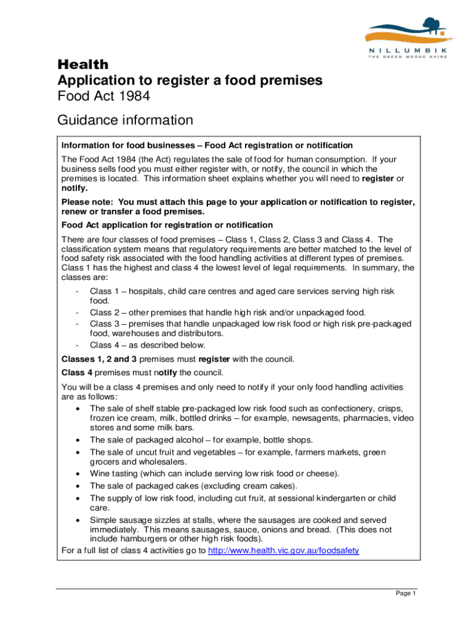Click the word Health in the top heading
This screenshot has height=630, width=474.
click(82, 65)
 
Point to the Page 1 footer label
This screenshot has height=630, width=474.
click(406, 593)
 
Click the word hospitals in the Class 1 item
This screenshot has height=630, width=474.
click(147, 291)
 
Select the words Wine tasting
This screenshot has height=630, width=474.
click(115, 473)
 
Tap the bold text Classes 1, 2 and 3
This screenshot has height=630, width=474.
click(102, 359)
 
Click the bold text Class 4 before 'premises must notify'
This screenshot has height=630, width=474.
click(77, 373)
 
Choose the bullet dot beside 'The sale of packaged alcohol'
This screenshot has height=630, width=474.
click(76, 440)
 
